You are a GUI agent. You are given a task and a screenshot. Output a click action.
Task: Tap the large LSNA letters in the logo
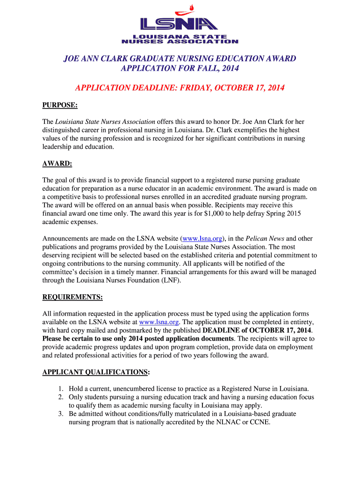(x=180, y=24)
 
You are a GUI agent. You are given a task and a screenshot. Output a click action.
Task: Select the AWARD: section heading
(x=57, y=164)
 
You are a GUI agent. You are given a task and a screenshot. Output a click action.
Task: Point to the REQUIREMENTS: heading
(x=72, y=297)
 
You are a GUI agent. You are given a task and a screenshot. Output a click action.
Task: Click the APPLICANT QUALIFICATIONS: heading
(x=96, y=372)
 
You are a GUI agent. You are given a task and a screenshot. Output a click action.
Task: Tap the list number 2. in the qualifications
(x=61, y=397)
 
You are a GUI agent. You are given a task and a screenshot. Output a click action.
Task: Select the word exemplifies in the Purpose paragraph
(x=260, y=130)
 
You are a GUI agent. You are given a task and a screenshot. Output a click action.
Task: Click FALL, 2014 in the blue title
(x=215, y=68)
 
